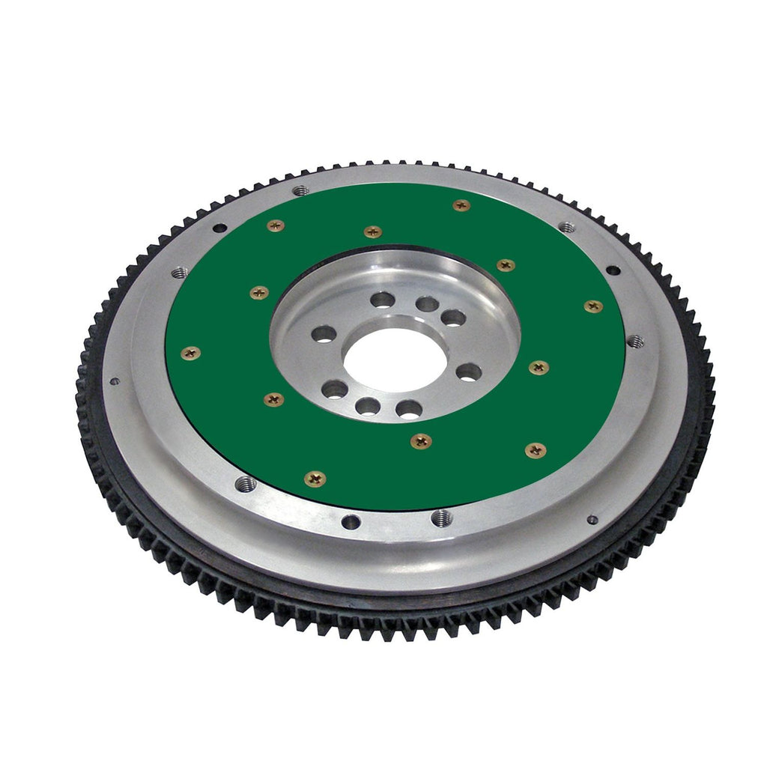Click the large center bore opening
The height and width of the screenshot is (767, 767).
pyautogui.click(x=395, y=359)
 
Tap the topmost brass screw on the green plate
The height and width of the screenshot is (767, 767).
pyautogui.click(x=461, y=205)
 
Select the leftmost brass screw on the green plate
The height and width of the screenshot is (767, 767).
pyautogui.click(x=190, y=353)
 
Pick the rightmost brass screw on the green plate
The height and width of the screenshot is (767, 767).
pyautogui.click(x=593, y=306)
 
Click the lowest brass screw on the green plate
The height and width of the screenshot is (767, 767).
pyautogui.click(x=315, y=478)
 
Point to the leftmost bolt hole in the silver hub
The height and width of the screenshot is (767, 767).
pyautogui.click(x=324, y=334)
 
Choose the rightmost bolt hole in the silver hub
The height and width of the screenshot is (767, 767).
pyautogui.click(x=469, y=372)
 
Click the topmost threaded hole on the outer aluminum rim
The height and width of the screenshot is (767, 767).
pyautogui.click(x=300, y=191)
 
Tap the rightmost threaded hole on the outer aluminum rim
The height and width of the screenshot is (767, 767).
pyautogui.click(x=635, y=342)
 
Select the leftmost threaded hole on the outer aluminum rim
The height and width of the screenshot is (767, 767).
pyautogui.click(x=180, y=273)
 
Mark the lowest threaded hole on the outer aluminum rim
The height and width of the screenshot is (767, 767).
pyautogui.click(x=442, y=518)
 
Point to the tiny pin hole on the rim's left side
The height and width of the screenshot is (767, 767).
pyautogui.click(x=115, y=381)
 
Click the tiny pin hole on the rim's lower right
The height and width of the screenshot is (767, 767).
pyautogui.click(x=592, y=519)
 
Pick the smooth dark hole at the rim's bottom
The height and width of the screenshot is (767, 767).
pyautogui.click(x=350, y=521)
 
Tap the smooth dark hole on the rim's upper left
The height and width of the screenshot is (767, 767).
pyautogui.click(x=219, y=228)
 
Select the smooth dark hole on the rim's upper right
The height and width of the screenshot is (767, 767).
pyautogui.click(x=613, y=270)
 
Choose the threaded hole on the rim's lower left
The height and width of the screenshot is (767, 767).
pyautogui.click(x=245, y=485)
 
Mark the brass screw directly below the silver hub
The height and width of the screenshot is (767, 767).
pyautogui.click(x=421, y=441)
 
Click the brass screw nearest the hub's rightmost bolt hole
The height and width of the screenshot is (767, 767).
pyautogui.click(x=538, y=367)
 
